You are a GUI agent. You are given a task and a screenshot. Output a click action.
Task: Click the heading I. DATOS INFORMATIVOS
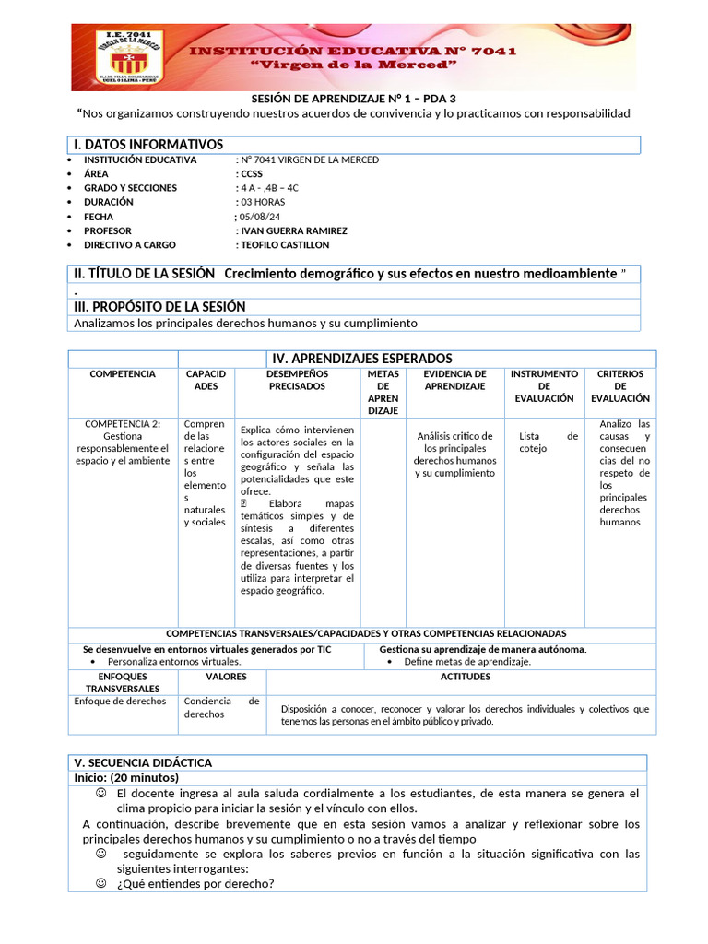pyautogui.click(x=148, y=145)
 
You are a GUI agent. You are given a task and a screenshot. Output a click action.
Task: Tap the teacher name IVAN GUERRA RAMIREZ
pyautogui.click(x=292, y=230)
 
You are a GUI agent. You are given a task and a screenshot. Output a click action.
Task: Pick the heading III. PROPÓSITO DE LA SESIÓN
pyautogui.click(x=159, y=306)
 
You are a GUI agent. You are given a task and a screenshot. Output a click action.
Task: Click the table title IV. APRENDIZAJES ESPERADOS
pyautogui.click(x=361, y=358)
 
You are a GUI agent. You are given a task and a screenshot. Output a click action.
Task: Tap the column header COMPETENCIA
pyautogui.click(x=123, y=374)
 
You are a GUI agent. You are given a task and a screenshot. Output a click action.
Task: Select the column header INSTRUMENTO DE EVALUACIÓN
pyautogui.click(x=544, y=386)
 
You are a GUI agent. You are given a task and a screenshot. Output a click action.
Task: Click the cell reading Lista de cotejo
pyautogui.click(x=548, y=442)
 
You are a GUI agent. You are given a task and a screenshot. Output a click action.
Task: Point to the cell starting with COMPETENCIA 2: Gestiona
pyautogui.click(x=123, y=442)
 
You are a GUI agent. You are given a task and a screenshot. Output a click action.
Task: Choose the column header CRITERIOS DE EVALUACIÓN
pyautogui.click(x=619, y=386)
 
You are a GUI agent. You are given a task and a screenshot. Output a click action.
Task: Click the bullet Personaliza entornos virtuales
pyautogui.click(x=174, y=661)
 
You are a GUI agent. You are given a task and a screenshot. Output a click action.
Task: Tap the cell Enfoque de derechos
pyautogui.click(x=121, y=701)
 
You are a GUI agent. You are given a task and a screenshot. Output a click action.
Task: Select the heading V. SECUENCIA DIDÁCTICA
pyautogui.click(x=143, y=762)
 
